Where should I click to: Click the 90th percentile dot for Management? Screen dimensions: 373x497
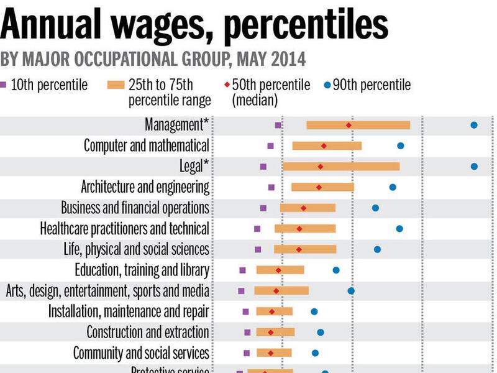(474, 125)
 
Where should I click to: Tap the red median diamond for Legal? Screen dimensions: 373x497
(321, 167)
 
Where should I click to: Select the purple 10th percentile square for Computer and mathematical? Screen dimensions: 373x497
(270, 146)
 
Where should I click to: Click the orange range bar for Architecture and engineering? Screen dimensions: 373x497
(322, 187)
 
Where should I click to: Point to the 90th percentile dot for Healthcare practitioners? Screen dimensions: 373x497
(399, 229)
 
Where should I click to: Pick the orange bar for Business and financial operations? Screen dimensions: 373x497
(308, 208)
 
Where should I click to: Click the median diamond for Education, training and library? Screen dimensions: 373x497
(278, 270)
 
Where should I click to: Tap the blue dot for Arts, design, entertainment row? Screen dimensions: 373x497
(351, 291)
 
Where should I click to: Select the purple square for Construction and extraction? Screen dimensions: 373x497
(247, 333)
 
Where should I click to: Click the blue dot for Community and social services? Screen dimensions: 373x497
(315, 353)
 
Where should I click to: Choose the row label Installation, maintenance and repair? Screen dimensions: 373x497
(129, 311)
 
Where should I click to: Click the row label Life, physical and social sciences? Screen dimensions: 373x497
(136, 249)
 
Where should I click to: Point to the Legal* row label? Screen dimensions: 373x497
(193, 166)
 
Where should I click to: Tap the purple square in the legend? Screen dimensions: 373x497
(4, 85)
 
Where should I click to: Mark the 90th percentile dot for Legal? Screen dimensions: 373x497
(474, 167)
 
